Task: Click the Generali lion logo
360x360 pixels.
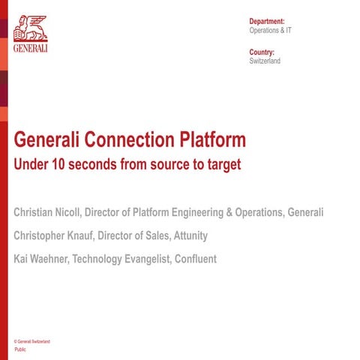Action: coord(30,25)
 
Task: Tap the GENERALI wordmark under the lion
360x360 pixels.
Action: coord(30,47)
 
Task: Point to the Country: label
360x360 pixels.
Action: coord(262,52)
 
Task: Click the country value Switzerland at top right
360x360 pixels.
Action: coord(265,61)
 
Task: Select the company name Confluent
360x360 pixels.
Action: coord(190,259)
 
